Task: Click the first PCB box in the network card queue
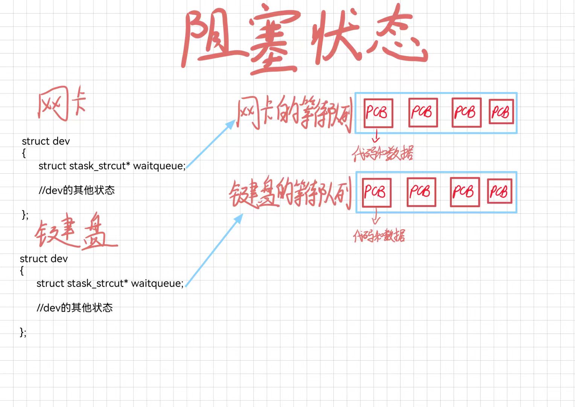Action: pos(378,113)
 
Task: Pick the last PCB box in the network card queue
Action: pos(501,112)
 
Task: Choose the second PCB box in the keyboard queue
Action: pos(421,192)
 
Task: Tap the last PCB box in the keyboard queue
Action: pos(500,192)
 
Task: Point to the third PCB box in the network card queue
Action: pos(466,112)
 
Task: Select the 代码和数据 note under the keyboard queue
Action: pos(379,236)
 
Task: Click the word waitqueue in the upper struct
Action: pos(159,166)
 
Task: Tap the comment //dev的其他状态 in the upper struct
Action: pos(77,190)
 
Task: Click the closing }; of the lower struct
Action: pos(23,332)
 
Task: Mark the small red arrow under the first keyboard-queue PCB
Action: pos(376,216)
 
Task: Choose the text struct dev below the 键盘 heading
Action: pos(44,259)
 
